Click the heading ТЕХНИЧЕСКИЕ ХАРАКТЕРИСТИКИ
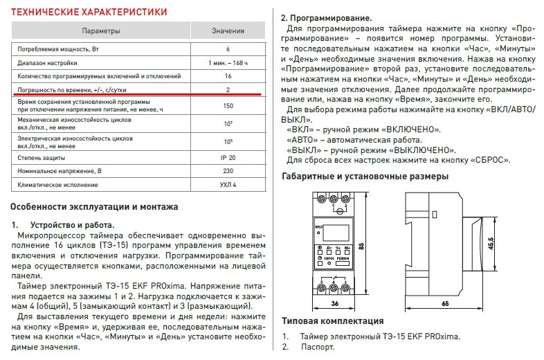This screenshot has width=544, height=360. tap(90, 12)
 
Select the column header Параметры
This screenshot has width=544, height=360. tap(101, 32)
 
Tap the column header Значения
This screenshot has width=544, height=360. tap(228, 32)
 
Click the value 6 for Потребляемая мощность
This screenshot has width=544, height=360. tap(228, 50)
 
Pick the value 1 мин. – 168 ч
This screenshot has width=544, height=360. tap(228, 63)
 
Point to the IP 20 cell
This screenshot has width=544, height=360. tap(228, 157)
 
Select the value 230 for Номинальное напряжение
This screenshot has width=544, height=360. tap(228, 170)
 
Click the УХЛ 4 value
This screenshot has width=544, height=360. tap(228, 185)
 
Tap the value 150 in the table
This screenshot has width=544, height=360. tap(228, 106)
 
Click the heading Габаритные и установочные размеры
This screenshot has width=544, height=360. tap(365, 177)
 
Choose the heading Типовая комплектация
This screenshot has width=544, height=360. tap(333, 322)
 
